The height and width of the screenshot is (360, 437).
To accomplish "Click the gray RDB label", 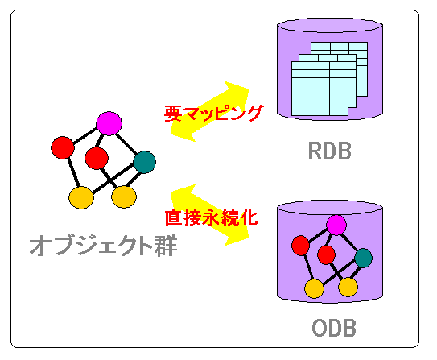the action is [x=329, y=151].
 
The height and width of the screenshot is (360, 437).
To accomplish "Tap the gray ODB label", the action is [x=334, y=328].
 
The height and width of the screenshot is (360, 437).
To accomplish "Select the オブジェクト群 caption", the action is [x=103, y=246].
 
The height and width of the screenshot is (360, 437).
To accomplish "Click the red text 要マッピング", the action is [x=214, y=113].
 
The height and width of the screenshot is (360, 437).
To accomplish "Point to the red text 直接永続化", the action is [x=211, y=217].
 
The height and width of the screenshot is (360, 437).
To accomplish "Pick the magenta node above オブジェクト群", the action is [x=109, y=123].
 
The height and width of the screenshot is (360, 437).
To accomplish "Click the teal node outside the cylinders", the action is [x=144, y=162].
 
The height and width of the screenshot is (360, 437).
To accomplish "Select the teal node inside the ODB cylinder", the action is [x=364, y=258].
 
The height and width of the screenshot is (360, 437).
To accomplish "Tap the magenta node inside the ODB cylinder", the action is [x=336, y=225].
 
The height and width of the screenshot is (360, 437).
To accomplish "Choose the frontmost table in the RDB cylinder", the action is [x=320, y=89].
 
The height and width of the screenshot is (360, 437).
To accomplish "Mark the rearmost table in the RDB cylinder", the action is [x=339, y=69].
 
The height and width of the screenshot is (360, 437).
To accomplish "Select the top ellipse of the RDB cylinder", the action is [x=330, y=25].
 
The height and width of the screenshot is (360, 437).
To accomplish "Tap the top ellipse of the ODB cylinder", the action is [x=330, y=208].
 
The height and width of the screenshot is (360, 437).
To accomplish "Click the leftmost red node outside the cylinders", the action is [x=63, y=147].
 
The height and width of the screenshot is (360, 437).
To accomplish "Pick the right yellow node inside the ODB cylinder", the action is [x=348, y=287].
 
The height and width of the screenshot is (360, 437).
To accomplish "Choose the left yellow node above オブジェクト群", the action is [x=81, y=197].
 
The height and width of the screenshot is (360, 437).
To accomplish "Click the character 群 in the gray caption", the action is [x=166, y=246].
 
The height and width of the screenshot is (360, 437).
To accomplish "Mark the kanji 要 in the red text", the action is [x=173, y=113].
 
